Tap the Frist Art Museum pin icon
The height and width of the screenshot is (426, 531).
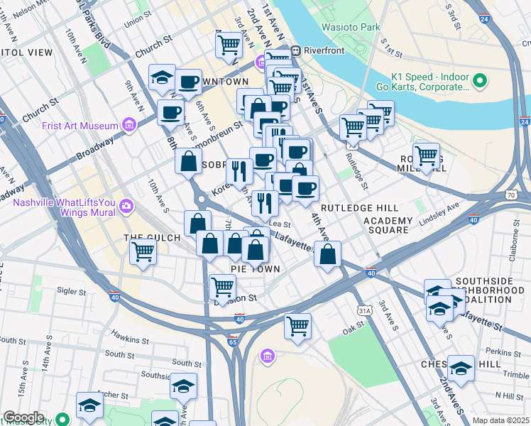[128, 126]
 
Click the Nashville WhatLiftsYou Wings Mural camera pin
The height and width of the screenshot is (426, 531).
[126, 207]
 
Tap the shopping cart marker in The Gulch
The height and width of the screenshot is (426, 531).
[143, 251]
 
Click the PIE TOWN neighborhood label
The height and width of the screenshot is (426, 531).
[256, 269]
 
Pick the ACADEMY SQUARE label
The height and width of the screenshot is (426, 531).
[386, 225]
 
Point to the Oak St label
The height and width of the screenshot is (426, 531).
[353, 330]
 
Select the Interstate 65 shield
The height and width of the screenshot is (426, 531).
[233, 342]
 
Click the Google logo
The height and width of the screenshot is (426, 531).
[23, 417]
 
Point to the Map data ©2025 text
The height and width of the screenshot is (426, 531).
[500, 420]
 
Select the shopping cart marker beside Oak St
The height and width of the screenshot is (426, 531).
[297, 326]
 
